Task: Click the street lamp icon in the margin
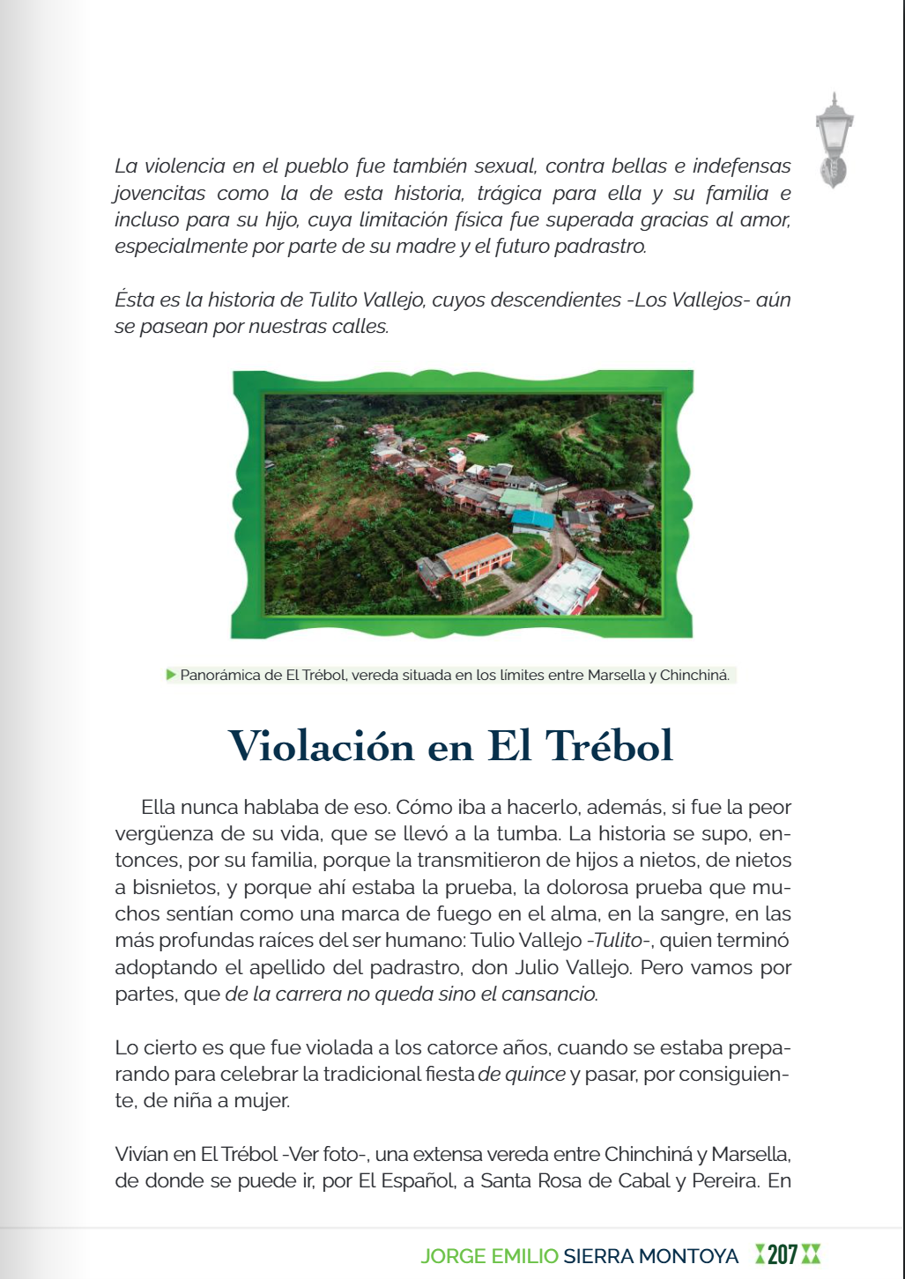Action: pyautogui.click(x=834, y=141)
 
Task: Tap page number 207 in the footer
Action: pyautogui.click(x=782, y=1254)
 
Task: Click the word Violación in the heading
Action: pyautogui.click(x=322, y=746)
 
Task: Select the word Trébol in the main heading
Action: pyautogui.click(x=609, y=746)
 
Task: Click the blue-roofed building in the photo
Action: pyautogui.click(x=532, y=520)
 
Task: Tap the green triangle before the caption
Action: pyautogui.click(x=171, y=675)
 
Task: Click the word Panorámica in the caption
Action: pyautogui.click(x=219, y=676)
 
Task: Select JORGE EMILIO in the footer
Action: pyautogui.click(x=489, y=1255)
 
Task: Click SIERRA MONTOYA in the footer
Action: pyautogui.click(x=650, y=1255)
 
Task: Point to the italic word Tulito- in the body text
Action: pyautogui.click(x=620, y=941)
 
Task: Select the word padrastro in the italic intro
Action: pyautogui.click(x=601, y=247)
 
